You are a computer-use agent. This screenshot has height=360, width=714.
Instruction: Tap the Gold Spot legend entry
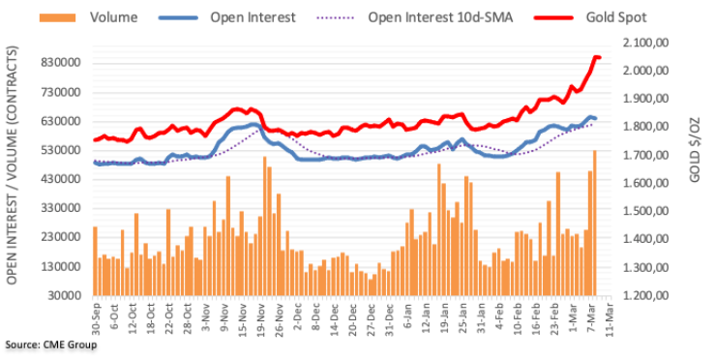click(590, 17)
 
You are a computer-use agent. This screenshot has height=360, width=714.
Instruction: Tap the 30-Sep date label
click(95, 316)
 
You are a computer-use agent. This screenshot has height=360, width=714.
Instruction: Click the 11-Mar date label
click(609, 316)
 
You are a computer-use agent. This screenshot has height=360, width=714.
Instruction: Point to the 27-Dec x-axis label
click(372, 316)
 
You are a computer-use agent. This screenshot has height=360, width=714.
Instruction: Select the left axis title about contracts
click(12, 165)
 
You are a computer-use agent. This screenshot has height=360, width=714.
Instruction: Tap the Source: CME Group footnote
click(51, 345)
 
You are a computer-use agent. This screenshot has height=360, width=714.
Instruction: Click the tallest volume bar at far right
click(594, 223)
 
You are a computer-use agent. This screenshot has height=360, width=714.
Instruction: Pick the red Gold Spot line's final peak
click(596, 57)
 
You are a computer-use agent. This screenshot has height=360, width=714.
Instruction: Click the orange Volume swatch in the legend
click(57, 17)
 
